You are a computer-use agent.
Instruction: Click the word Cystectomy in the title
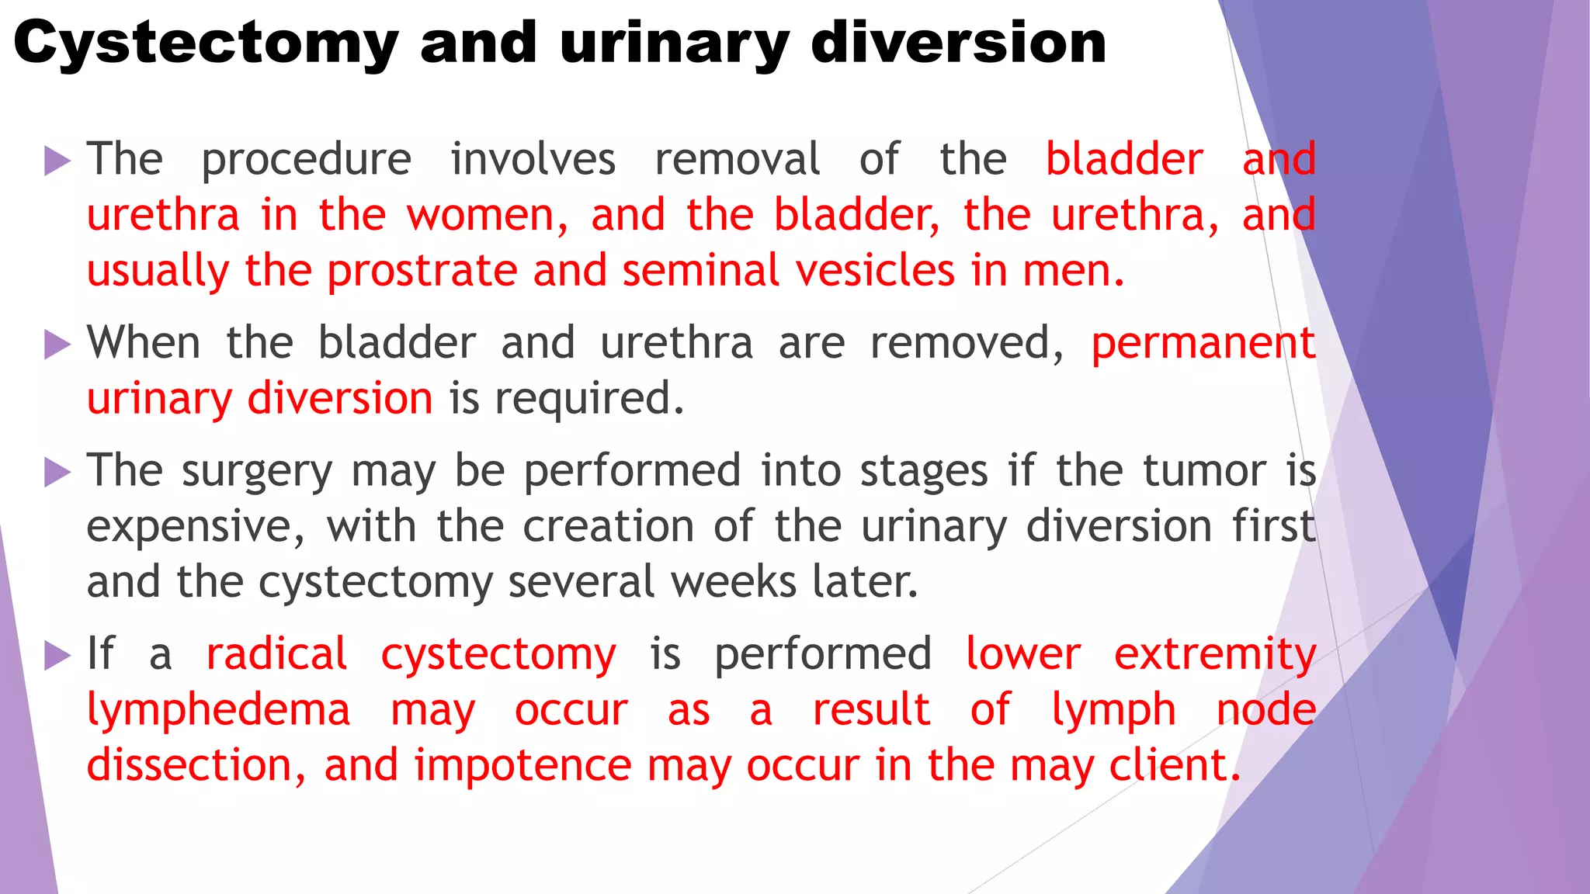pos(206,43)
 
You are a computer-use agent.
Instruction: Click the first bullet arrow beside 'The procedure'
pos(57,161)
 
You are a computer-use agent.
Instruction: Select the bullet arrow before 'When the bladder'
pos(57,344)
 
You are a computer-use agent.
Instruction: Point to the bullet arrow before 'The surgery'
pos(57,472)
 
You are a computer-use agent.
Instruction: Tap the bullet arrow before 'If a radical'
pos(57,655)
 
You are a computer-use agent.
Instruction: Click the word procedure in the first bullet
pos(306,161)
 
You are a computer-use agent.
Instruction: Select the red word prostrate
pos(422,272)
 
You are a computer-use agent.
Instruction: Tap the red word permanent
pos(1203,344)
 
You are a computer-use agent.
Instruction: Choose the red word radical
pos(276,654)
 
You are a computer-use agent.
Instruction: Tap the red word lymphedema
pos(218,710)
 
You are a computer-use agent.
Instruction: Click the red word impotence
pos(522,766)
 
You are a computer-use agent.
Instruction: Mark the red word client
pos(1173,765)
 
